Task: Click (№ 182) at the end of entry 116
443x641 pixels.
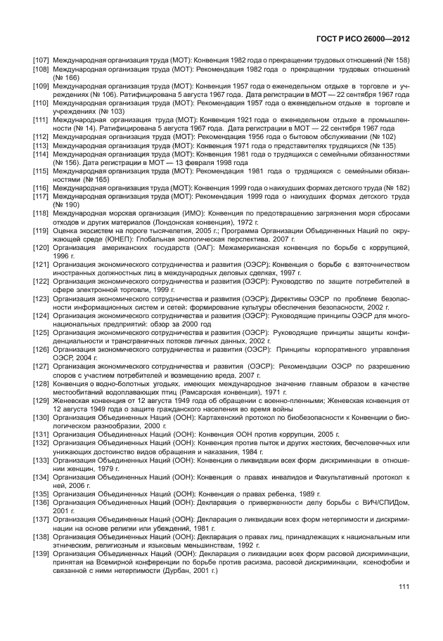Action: coord(397,188)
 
